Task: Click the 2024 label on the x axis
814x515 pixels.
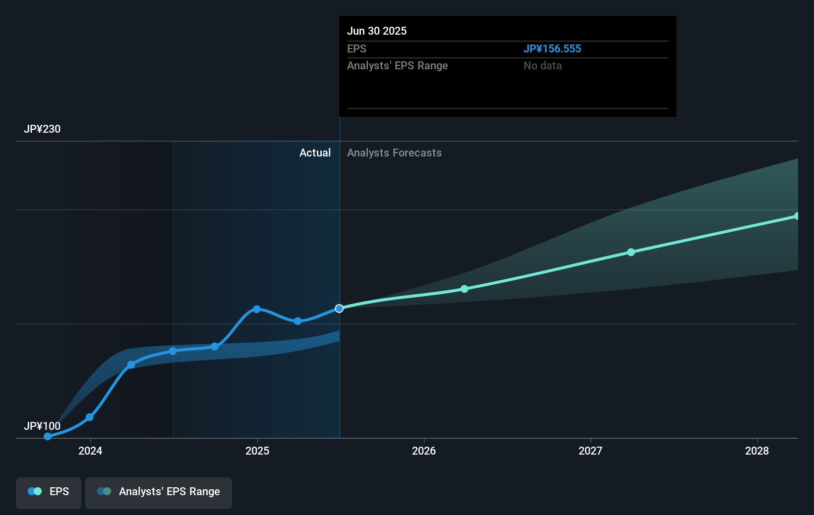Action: tap(90, 451)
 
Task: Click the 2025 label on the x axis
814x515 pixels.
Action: tap(257, 451)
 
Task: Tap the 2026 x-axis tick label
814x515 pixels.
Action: tap(424, 451)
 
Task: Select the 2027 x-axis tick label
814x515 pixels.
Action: tap(590, 451)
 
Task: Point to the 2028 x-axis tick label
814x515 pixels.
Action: tap(757, 451)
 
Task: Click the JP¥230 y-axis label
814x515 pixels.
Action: tap(42, 129)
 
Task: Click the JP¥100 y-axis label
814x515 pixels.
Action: tap(42, 426)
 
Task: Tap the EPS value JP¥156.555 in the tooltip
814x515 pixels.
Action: tap(552, 49)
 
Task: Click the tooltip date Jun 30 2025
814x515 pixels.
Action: tap(377, 31)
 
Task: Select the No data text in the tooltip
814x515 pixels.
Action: tap(542, 66)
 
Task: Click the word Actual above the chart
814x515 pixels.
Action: tap(315, 153)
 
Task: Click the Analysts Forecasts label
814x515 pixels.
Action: tap(394, 153)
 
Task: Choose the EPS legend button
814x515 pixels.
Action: tap(49, 492)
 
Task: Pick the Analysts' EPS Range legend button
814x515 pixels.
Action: tap(159, 492)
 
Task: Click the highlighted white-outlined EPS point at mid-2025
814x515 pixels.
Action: tap(339, 309)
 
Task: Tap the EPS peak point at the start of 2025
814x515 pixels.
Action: tap(257, 309)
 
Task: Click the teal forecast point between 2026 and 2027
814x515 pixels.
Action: tap(465, 289)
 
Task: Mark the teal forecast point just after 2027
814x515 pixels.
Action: tap(631, 252)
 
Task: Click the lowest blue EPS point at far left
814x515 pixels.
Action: tap(48, 436)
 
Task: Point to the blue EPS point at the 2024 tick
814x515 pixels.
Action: tap(90, 417)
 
